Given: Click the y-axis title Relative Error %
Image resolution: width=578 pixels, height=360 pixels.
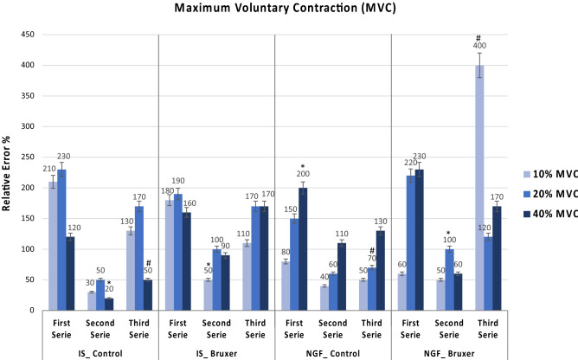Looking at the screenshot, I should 8,172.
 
